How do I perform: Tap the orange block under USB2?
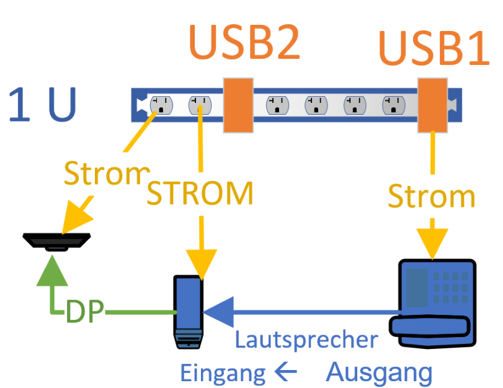[238, 105]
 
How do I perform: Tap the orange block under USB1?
[432, 105]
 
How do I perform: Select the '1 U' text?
[42, 105]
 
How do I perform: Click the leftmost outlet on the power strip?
[161, 105]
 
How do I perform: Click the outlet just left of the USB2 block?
[200, 105]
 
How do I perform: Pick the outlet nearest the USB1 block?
[394, 105]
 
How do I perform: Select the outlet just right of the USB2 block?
[277, 105]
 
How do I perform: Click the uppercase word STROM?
[200, 193]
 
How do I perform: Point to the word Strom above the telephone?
[431, 197]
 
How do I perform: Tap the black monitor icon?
[57, 240]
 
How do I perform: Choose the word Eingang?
[218, 373]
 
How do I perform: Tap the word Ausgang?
[379, 373]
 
